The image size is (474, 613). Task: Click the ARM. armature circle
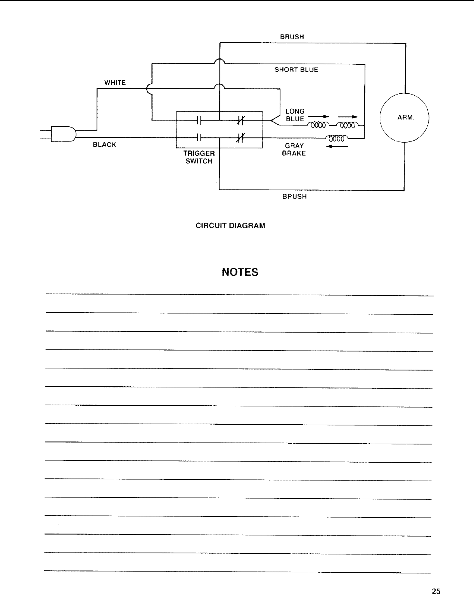pyautogui.click(x=405, y=117)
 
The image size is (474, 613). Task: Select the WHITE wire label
pyautogui.click(x=115, y=83)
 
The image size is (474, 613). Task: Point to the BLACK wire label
pyautogui.click(x=104, y=145)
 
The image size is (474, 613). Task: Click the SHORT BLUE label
pyautogui.click(x=296, y=70)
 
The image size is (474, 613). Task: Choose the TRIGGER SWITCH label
pyautogui.click(x=199, y=157)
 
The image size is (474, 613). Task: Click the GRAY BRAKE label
pyautogui.click(x=294, y=150)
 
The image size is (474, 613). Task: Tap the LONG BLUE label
pyautogui.click(x=295, y=115)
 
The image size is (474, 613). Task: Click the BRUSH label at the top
pyautogui.click(x=292, y=37)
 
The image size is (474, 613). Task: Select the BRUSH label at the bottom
pyautogui.click(x=294, y=196)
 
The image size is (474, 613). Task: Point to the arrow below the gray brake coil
pyautogui.click(x=337, y=147)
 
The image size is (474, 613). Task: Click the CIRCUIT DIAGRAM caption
pyautogui.click(x=230, y=226)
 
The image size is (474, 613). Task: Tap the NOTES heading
pyautogui.click(x=240, y=272)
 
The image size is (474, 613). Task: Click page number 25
pyautogui.click(x=436, y=591)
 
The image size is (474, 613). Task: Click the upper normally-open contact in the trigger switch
pyautogui.click(x=199, y=121)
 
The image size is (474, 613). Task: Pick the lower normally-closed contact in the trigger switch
pyautogui.click(x=240, y=138)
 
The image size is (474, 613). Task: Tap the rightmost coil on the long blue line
pyautogui.click(x=348, y=125)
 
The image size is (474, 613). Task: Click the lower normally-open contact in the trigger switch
pyautogui.click(x=199, y=138)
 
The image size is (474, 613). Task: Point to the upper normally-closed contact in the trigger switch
pyautogui.click(x=240, y=121)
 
